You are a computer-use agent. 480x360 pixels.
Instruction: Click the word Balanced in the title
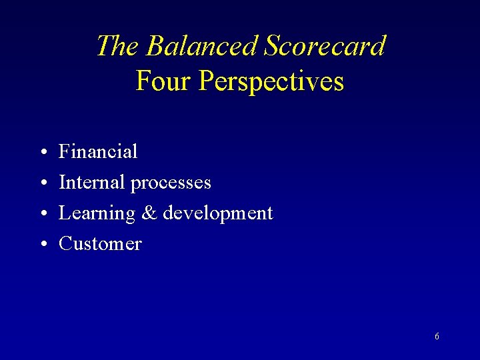click(x=203, y=46)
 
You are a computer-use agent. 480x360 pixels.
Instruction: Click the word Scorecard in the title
click(x=325, y=46)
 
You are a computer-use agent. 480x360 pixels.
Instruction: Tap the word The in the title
click(x=118, y=46)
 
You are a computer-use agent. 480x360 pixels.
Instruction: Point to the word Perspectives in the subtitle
click(x=271, y=82)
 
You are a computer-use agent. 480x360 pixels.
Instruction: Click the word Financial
click(x=98, y=151)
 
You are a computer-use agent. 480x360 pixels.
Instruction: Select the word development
click(x=217, y=213)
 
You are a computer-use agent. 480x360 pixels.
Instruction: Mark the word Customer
click(x=100, y=244)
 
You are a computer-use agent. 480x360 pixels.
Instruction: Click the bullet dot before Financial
click(x=42, y=153)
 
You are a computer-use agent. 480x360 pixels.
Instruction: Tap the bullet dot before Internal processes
click(x=42, y=183)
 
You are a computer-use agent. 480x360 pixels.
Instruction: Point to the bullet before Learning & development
click(x=42, y=214)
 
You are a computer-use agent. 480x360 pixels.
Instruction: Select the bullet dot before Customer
click(x=42, y=245)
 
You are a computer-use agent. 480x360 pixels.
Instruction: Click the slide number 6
click(x=437, y=337)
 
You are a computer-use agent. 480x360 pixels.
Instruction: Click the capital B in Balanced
click(x=155, y=46)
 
